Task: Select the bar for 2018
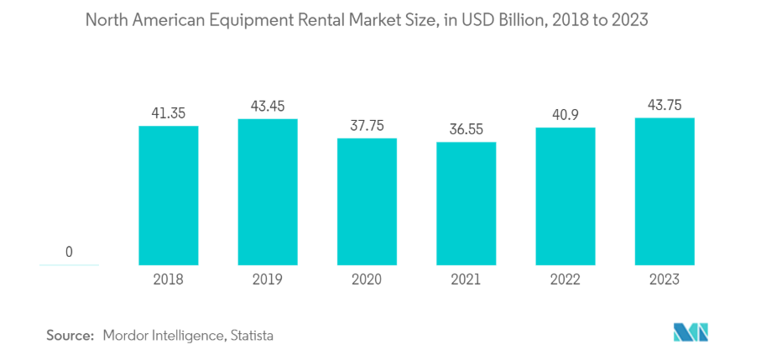[169, 195]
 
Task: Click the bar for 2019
[268, 191]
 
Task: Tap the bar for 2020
[367, 201]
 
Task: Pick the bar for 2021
[466, 203]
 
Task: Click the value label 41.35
[169, 112]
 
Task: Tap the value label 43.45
[268, 106]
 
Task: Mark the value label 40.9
[566, 114]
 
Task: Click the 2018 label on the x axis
[169, 280]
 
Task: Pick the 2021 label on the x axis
[466, 280]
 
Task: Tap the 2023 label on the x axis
[665, 280]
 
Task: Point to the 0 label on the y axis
[69, 252]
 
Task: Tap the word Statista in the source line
[250, 335]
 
